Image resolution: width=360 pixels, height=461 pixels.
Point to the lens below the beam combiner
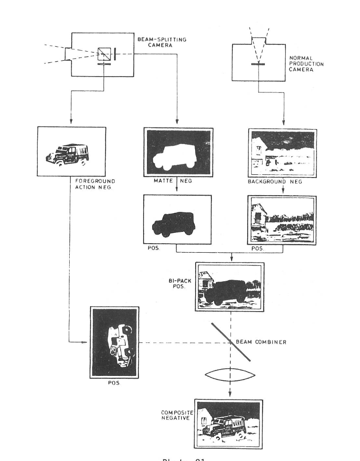(x=230, y=374)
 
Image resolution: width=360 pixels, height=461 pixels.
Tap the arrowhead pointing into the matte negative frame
(x=177, y=124)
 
